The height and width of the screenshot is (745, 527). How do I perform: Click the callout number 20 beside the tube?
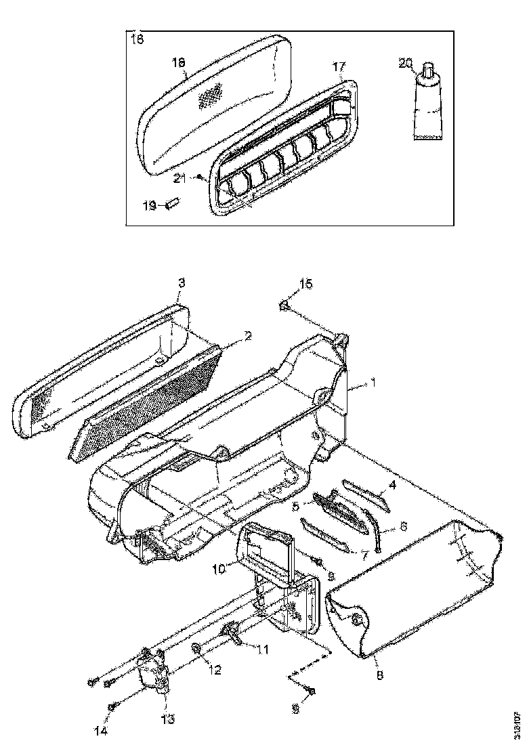pyautogui.click(x=405, y=63)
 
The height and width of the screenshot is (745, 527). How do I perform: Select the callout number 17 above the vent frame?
pyautogui.click(x=339, y=66)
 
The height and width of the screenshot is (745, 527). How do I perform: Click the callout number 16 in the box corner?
pyautogui.click(x=136, y=40)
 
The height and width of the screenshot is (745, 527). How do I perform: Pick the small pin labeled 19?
pyautogui.click(x=172, y=202)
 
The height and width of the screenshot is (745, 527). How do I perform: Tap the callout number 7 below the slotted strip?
pyautogui.click(x=364, y=555)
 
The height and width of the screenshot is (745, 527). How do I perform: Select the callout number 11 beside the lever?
pyautogui.click(x=261, y=649)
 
